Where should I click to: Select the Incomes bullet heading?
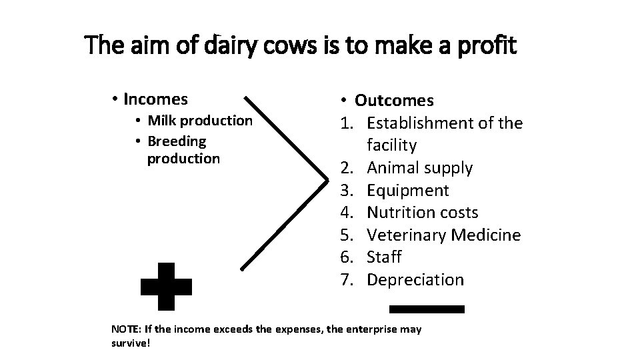click(x=155, y=100)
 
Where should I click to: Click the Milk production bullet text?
click(x=200, y=121)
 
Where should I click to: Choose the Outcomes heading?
click(x=394, y=101)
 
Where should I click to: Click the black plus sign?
click(x=167, y=286)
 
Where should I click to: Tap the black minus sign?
click(x=427, y=309)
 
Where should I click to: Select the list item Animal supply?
click(x=419, y=168)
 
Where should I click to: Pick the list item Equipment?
click(x=408, y=191)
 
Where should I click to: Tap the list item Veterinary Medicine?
click(x=444, y=235)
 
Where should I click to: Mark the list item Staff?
click(x=385, y=257)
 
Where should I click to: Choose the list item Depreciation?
click(x=415, y=279)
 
